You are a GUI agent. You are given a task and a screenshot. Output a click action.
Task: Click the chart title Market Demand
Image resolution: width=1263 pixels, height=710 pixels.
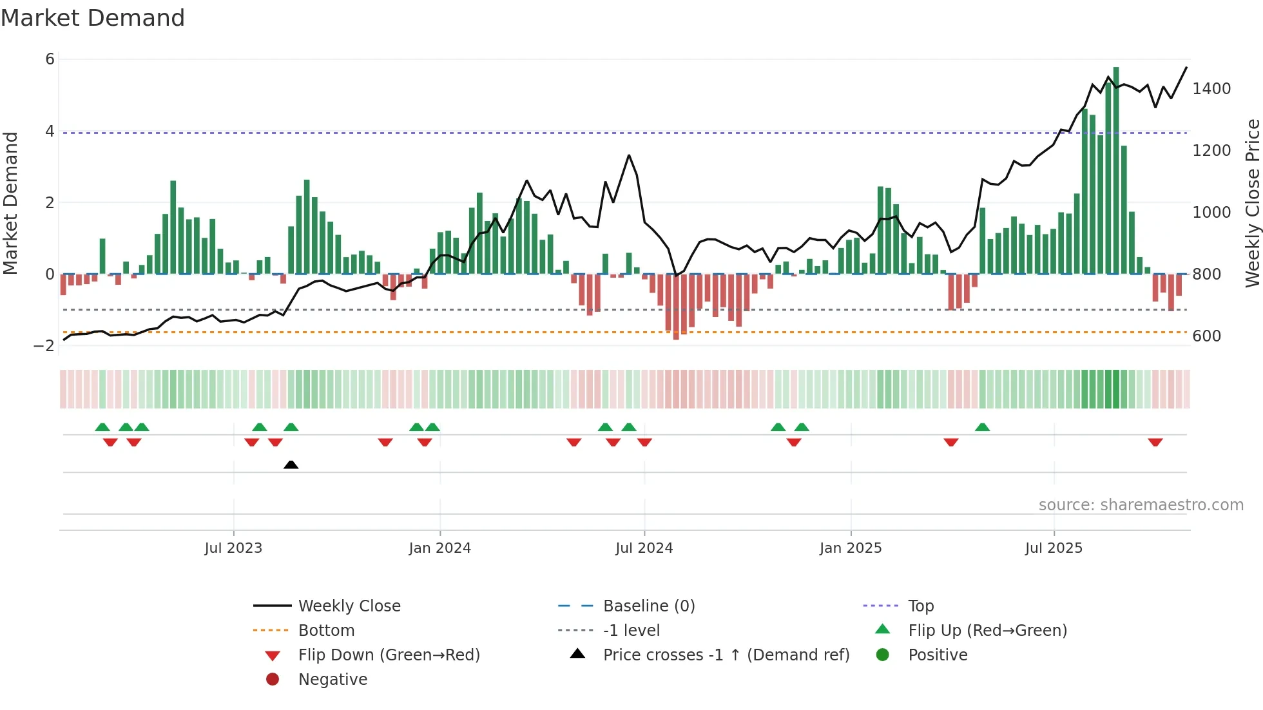click(x=93, y=18)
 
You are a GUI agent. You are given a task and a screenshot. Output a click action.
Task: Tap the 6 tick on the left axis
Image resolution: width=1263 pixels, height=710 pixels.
click(x=50, y=59)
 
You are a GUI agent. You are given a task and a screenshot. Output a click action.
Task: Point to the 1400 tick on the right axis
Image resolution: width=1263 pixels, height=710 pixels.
click(x=1211, y=89)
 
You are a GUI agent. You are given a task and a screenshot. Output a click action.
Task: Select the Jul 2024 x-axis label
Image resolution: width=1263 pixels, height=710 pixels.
click(x=644, y=548)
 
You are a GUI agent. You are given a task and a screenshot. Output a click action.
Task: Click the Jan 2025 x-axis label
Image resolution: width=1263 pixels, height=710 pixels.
click(x=850, y=548)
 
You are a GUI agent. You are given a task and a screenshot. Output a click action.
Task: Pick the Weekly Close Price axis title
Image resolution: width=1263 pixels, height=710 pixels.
click(x=1252, y=203)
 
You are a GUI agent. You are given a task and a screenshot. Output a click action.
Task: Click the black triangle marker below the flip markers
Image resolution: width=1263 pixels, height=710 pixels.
click(x=291, y=465)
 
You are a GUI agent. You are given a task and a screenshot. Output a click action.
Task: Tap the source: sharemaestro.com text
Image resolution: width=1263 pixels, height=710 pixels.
click(x=1141, y=505)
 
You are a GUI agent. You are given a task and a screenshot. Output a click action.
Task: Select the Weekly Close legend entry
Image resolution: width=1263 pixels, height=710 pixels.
click(x=349, y=606)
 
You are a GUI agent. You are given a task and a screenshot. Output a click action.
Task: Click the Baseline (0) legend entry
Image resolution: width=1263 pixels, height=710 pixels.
click(x=648, y=606)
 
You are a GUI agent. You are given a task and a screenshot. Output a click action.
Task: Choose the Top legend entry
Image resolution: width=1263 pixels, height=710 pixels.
click(x=920, y=606)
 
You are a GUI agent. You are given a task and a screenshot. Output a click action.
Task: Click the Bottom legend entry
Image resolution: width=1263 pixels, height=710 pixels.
click(x=326, y=631)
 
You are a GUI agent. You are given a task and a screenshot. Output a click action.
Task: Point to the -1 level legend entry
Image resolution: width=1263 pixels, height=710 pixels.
click(x=631, y=631)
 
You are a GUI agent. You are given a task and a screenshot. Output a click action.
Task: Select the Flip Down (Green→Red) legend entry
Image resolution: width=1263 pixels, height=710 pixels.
click(x=389, y=655)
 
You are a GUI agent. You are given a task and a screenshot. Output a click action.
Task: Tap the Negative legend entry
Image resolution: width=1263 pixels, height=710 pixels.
click(x=333, y=680)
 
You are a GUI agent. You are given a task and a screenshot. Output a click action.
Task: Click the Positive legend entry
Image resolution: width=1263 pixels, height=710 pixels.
click(x=937, y=655)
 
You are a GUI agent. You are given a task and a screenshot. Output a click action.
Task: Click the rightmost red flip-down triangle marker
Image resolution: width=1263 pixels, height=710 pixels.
click(x=1155, y=442)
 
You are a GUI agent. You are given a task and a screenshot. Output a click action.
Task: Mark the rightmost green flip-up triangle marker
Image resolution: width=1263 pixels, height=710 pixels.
click(x=982, y=427)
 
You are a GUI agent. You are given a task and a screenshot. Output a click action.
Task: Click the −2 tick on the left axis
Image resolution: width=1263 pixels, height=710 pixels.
click(x=44, y=346)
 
